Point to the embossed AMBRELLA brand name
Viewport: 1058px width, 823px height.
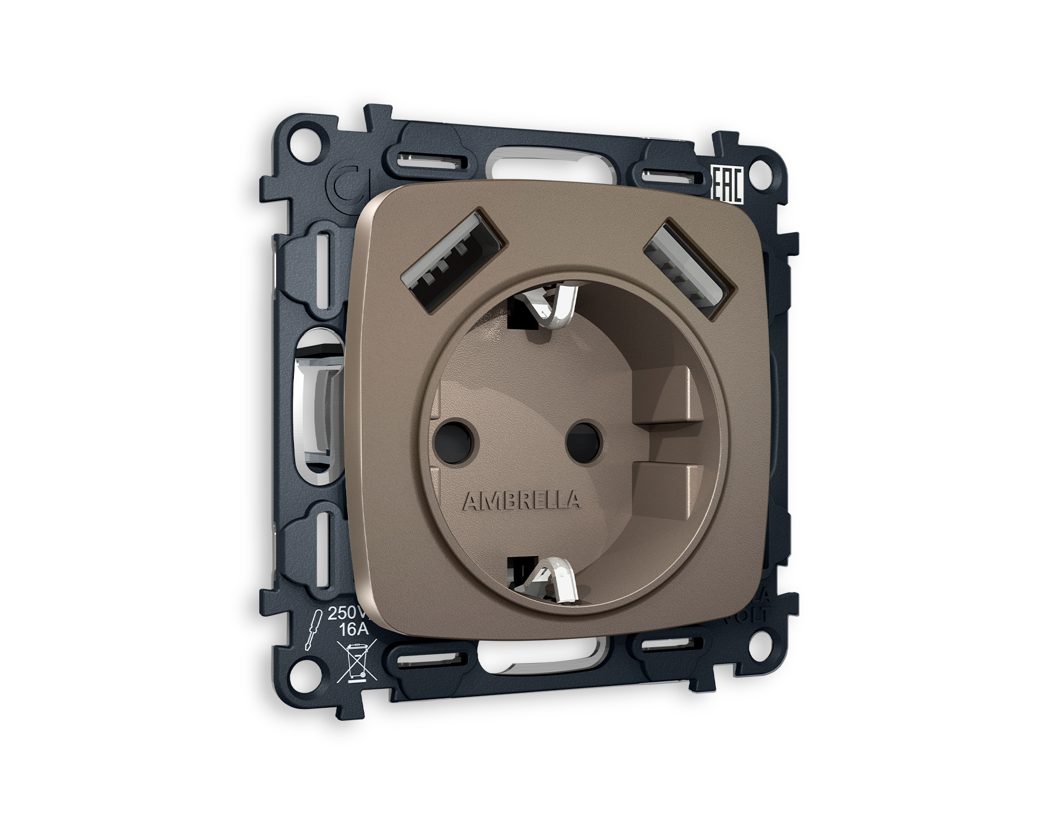521,501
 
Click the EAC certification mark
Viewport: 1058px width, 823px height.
727,184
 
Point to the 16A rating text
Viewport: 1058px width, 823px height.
354,630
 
